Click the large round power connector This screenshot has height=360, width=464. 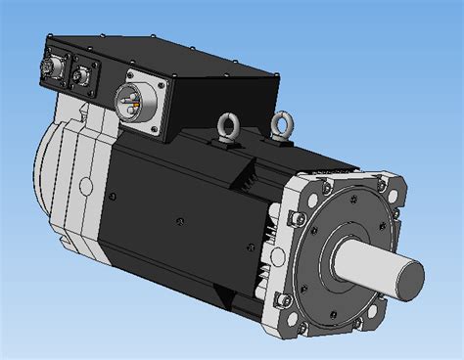(x=132, y=100)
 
